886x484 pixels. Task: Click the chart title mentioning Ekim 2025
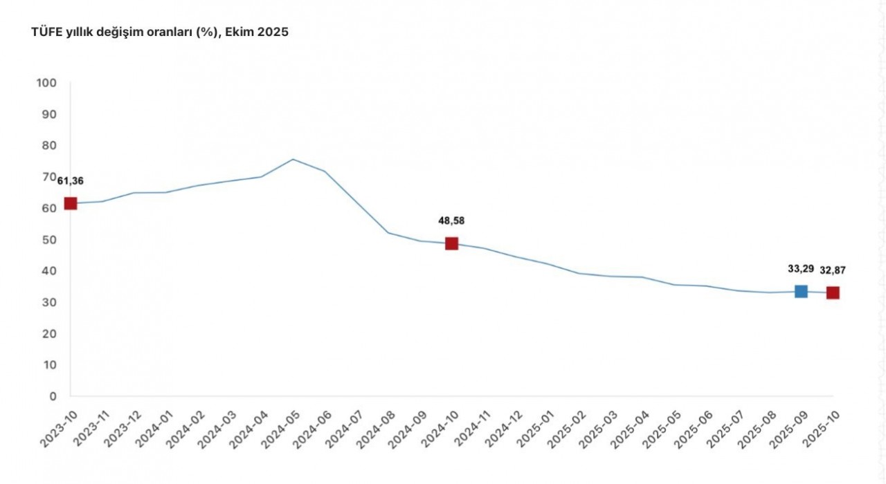tap(160, 32)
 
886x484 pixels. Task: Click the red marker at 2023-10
tap(71, 203)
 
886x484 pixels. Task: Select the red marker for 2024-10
tap(451, 243)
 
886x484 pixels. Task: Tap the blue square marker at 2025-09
tap(801, 291)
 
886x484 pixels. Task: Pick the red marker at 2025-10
tap(833, 292)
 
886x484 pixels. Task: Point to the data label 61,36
tap(71, 181)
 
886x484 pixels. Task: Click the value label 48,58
tap(451, 221)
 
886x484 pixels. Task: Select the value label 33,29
tap(800, 269)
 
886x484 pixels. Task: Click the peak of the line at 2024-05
tap(293, 159)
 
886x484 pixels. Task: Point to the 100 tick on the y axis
tap(46, 83)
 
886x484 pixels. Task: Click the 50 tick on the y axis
tap(49, 240)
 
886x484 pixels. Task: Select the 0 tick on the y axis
tap(52, 396)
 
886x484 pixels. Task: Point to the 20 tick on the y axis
tap(49, 334)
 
